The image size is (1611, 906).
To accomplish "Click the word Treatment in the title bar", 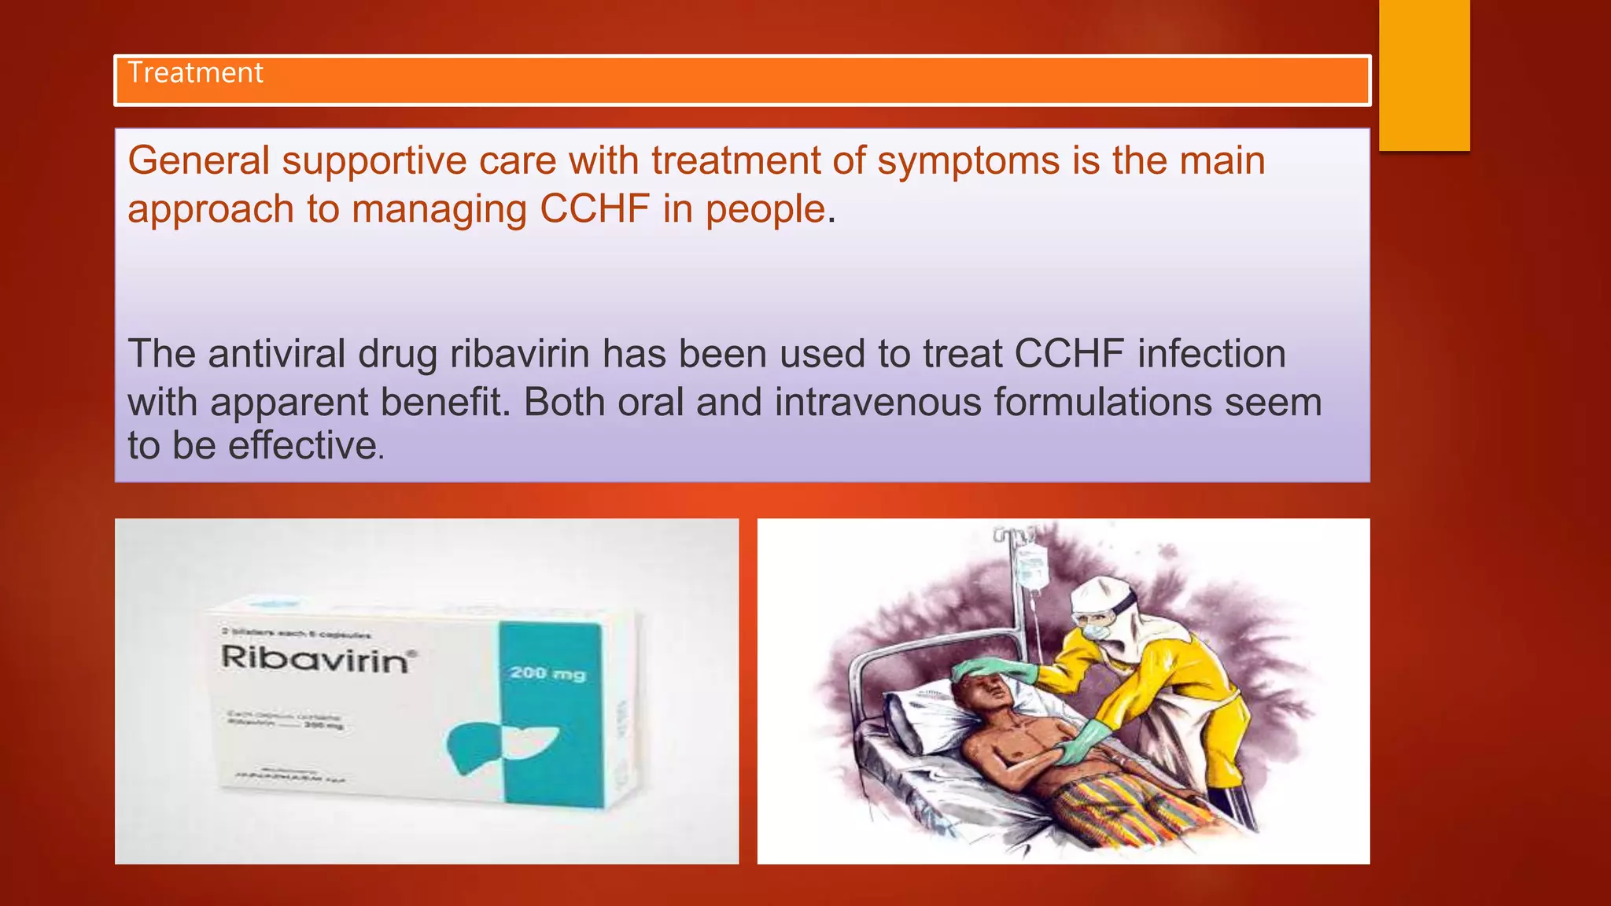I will point(195,73).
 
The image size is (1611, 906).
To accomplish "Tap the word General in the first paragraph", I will point(199,160).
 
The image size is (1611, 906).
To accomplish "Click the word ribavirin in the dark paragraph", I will point(520,354).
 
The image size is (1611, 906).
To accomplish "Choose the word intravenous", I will point(877,402).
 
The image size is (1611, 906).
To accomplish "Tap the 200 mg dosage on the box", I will point(547,673).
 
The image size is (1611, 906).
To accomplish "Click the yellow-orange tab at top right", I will point(1424,75).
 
